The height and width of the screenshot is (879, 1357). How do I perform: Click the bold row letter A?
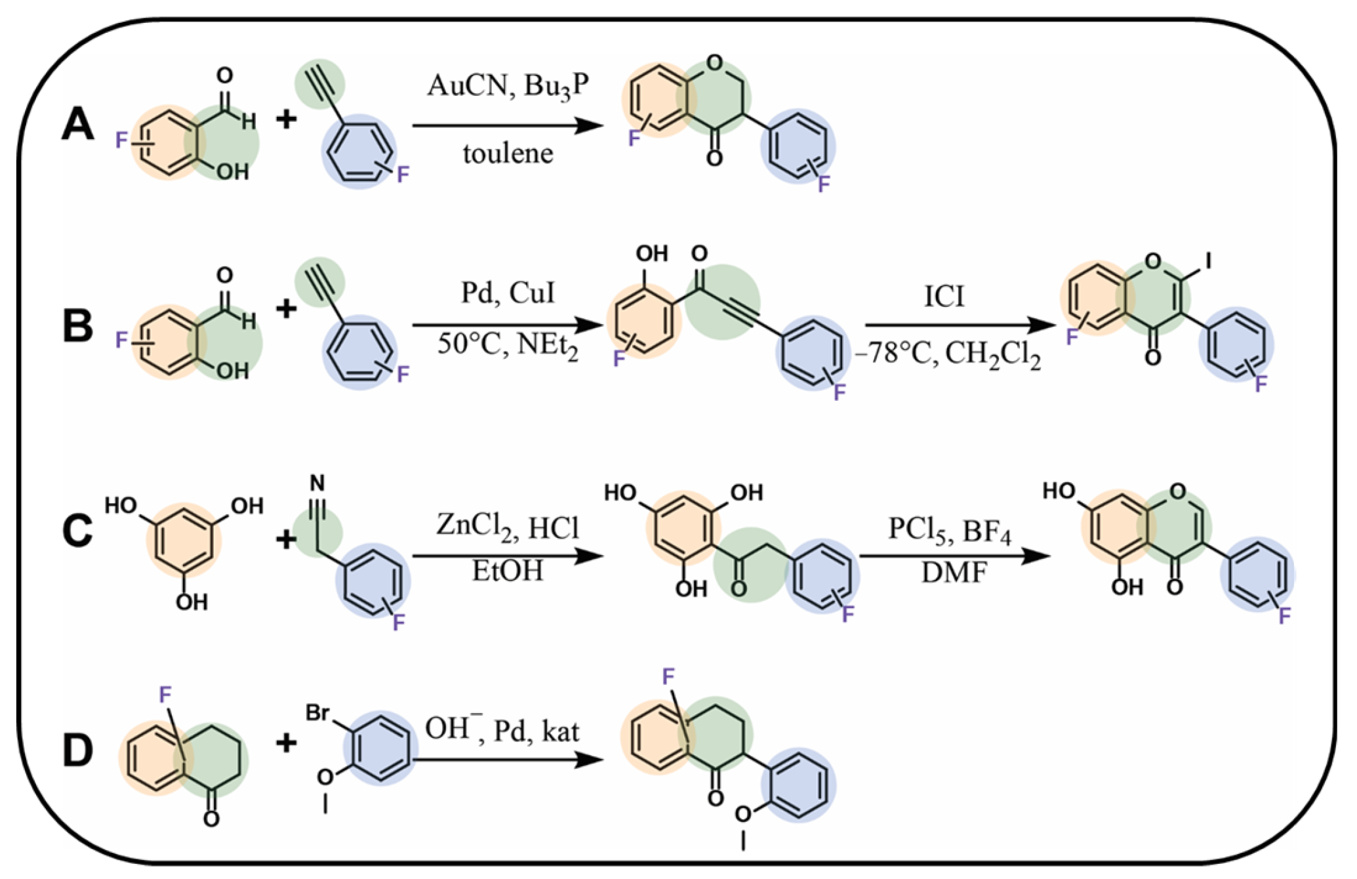coord(77,125)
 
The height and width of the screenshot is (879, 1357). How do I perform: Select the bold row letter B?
coord(77,326)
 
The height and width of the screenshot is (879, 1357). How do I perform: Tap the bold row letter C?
coord(77,531)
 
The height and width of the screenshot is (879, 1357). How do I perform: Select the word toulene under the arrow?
coord(508,154)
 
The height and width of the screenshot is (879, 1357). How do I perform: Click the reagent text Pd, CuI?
coord(508,293)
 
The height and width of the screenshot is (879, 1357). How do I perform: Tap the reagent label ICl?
coord(944,297)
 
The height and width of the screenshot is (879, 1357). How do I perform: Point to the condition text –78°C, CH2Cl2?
coord(948,355)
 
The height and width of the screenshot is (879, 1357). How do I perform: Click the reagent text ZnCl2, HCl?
coord(508,527)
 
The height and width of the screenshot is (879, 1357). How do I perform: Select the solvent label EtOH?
coord(508,571)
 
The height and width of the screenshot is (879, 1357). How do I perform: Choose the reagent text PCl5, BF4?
coord(950,530)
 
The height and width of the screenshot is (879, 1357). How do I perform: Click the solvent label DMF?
coord(954,573)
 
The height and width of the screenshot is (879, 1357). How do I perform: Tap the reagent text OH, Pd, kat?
coord(502,729)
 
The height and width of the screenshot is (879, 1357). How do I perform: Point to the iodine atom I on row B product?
coord(1208,262)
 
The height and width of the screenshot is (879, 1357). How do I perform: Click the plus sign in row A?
coord(286,119)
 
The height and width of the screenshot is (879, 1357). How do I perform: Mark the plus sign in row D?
coord(286,743)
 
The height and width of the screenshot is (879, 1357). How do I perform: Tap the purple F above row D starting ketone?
coord(165,694)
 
